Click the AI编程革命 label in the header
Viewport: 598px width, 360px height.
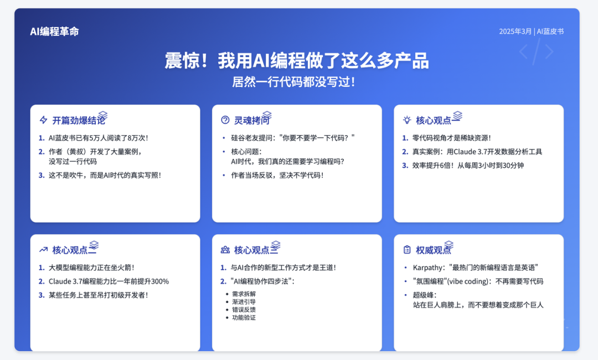point(54,31)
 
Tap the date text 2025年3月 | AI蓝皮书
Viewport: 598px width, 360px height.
point(531,31)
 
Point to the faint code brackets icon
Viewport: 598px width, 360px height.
point(536,52)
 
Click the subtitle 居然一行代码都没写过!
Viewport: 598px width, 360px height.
point(293,81)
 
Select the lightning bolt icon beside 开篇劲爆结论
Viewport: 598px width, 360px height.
point(44,120)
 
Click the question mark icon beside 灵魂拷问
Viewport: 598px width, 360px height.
point(225,120)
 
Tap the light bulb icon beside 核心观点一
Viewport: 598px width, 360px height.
point(407,120)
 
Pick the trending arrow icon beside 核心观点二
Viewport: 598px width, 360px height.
point(44,250)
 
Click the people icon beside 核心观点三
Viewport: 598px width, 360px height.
point(225,250)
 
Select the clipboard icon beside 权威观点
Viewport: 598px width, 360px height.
point(407,250)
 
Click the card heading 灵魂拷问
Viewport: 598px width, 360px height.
point(252,121)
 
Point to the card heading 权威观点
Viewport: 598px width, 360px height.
point(433,250)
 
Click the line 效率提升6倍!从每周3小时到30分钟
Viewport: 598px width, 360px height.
point(468,166)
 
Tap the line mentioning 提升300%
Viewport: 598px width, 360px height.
point(109,281)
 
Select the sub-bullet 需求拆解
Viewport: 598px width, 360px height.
point(244,294)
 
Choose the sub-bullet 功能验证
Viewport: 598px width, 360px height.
point(244,318)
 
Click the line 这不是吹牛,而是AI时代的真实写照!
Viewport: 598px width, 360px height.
point(105,176)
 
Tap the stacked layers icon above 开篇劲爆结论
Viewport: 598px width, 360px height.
point(102,115)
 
